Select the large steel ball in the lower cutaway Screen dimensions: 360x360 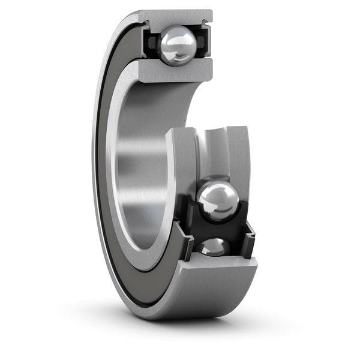pyautogui.click(x=218, y=200)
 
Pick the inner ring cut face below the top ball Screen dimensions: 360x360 pyautogui.click(x=177, y=71)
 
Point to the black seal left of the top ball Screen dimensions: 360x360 pyautogui.click(x=150, y=43)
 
